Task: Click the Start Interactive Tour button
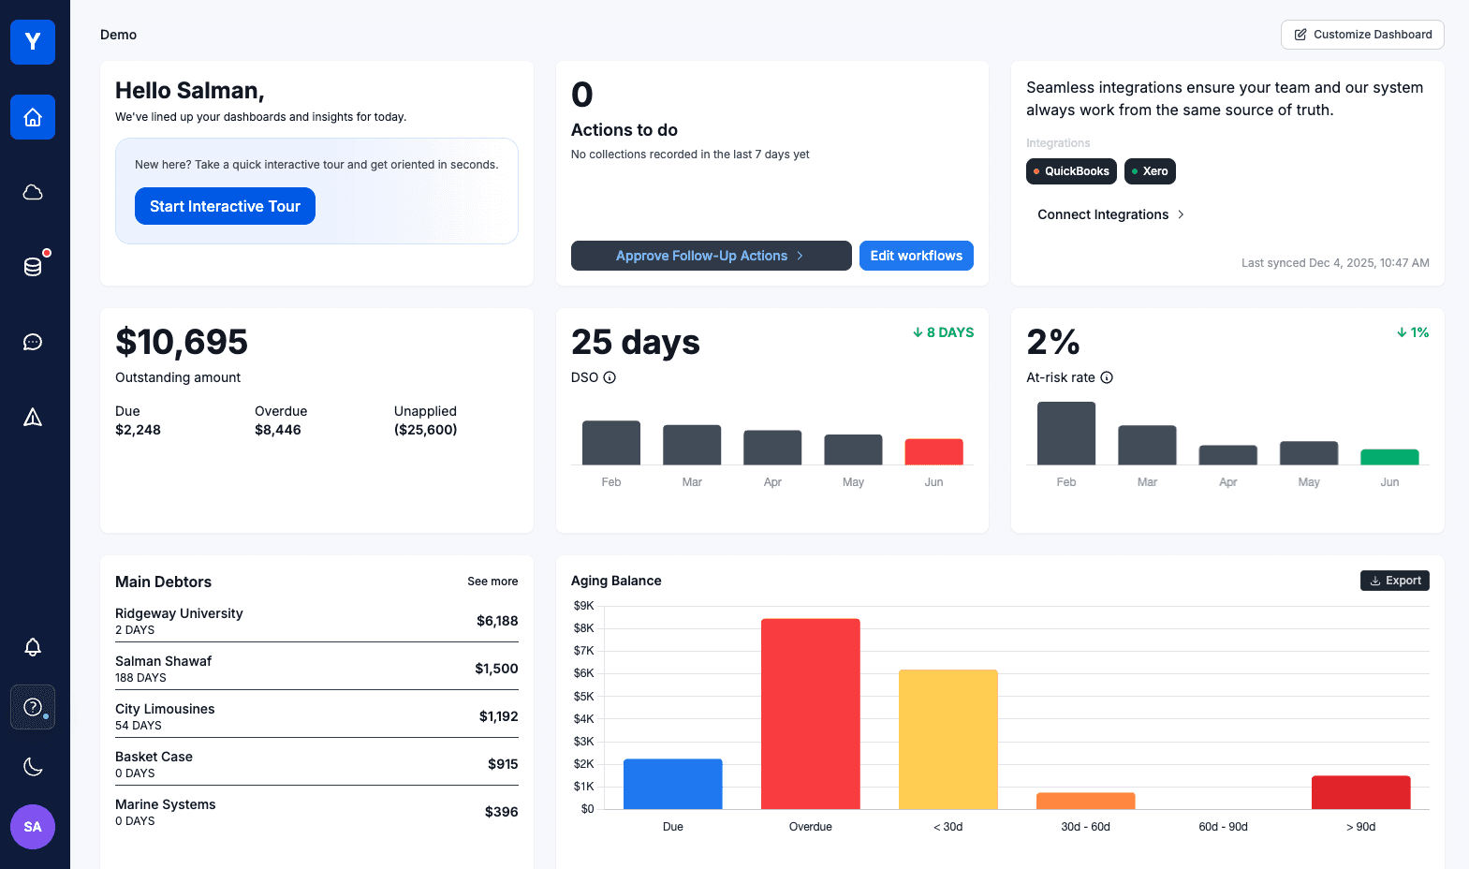225,206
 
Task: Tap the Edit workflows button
916,256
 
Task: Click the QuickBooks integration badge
1071,171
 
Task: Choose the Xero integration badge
1150,171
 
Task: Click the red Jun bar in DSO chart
933,451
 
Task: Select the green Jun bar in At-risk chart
1389,457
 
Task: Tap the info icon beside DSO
610,377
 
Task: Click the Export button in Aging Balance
1394,581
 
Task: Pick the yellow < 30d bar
948,739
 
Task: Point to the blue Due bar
672,784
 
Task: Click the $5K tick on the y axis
583,697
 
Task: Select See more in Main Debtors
492,582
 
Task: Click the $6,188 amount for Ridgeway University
497,621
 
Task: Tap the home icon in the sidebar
33,117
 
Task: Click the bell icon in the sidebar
33,647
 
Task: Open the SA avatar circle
33,827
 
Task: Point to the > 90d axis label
1360,827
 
